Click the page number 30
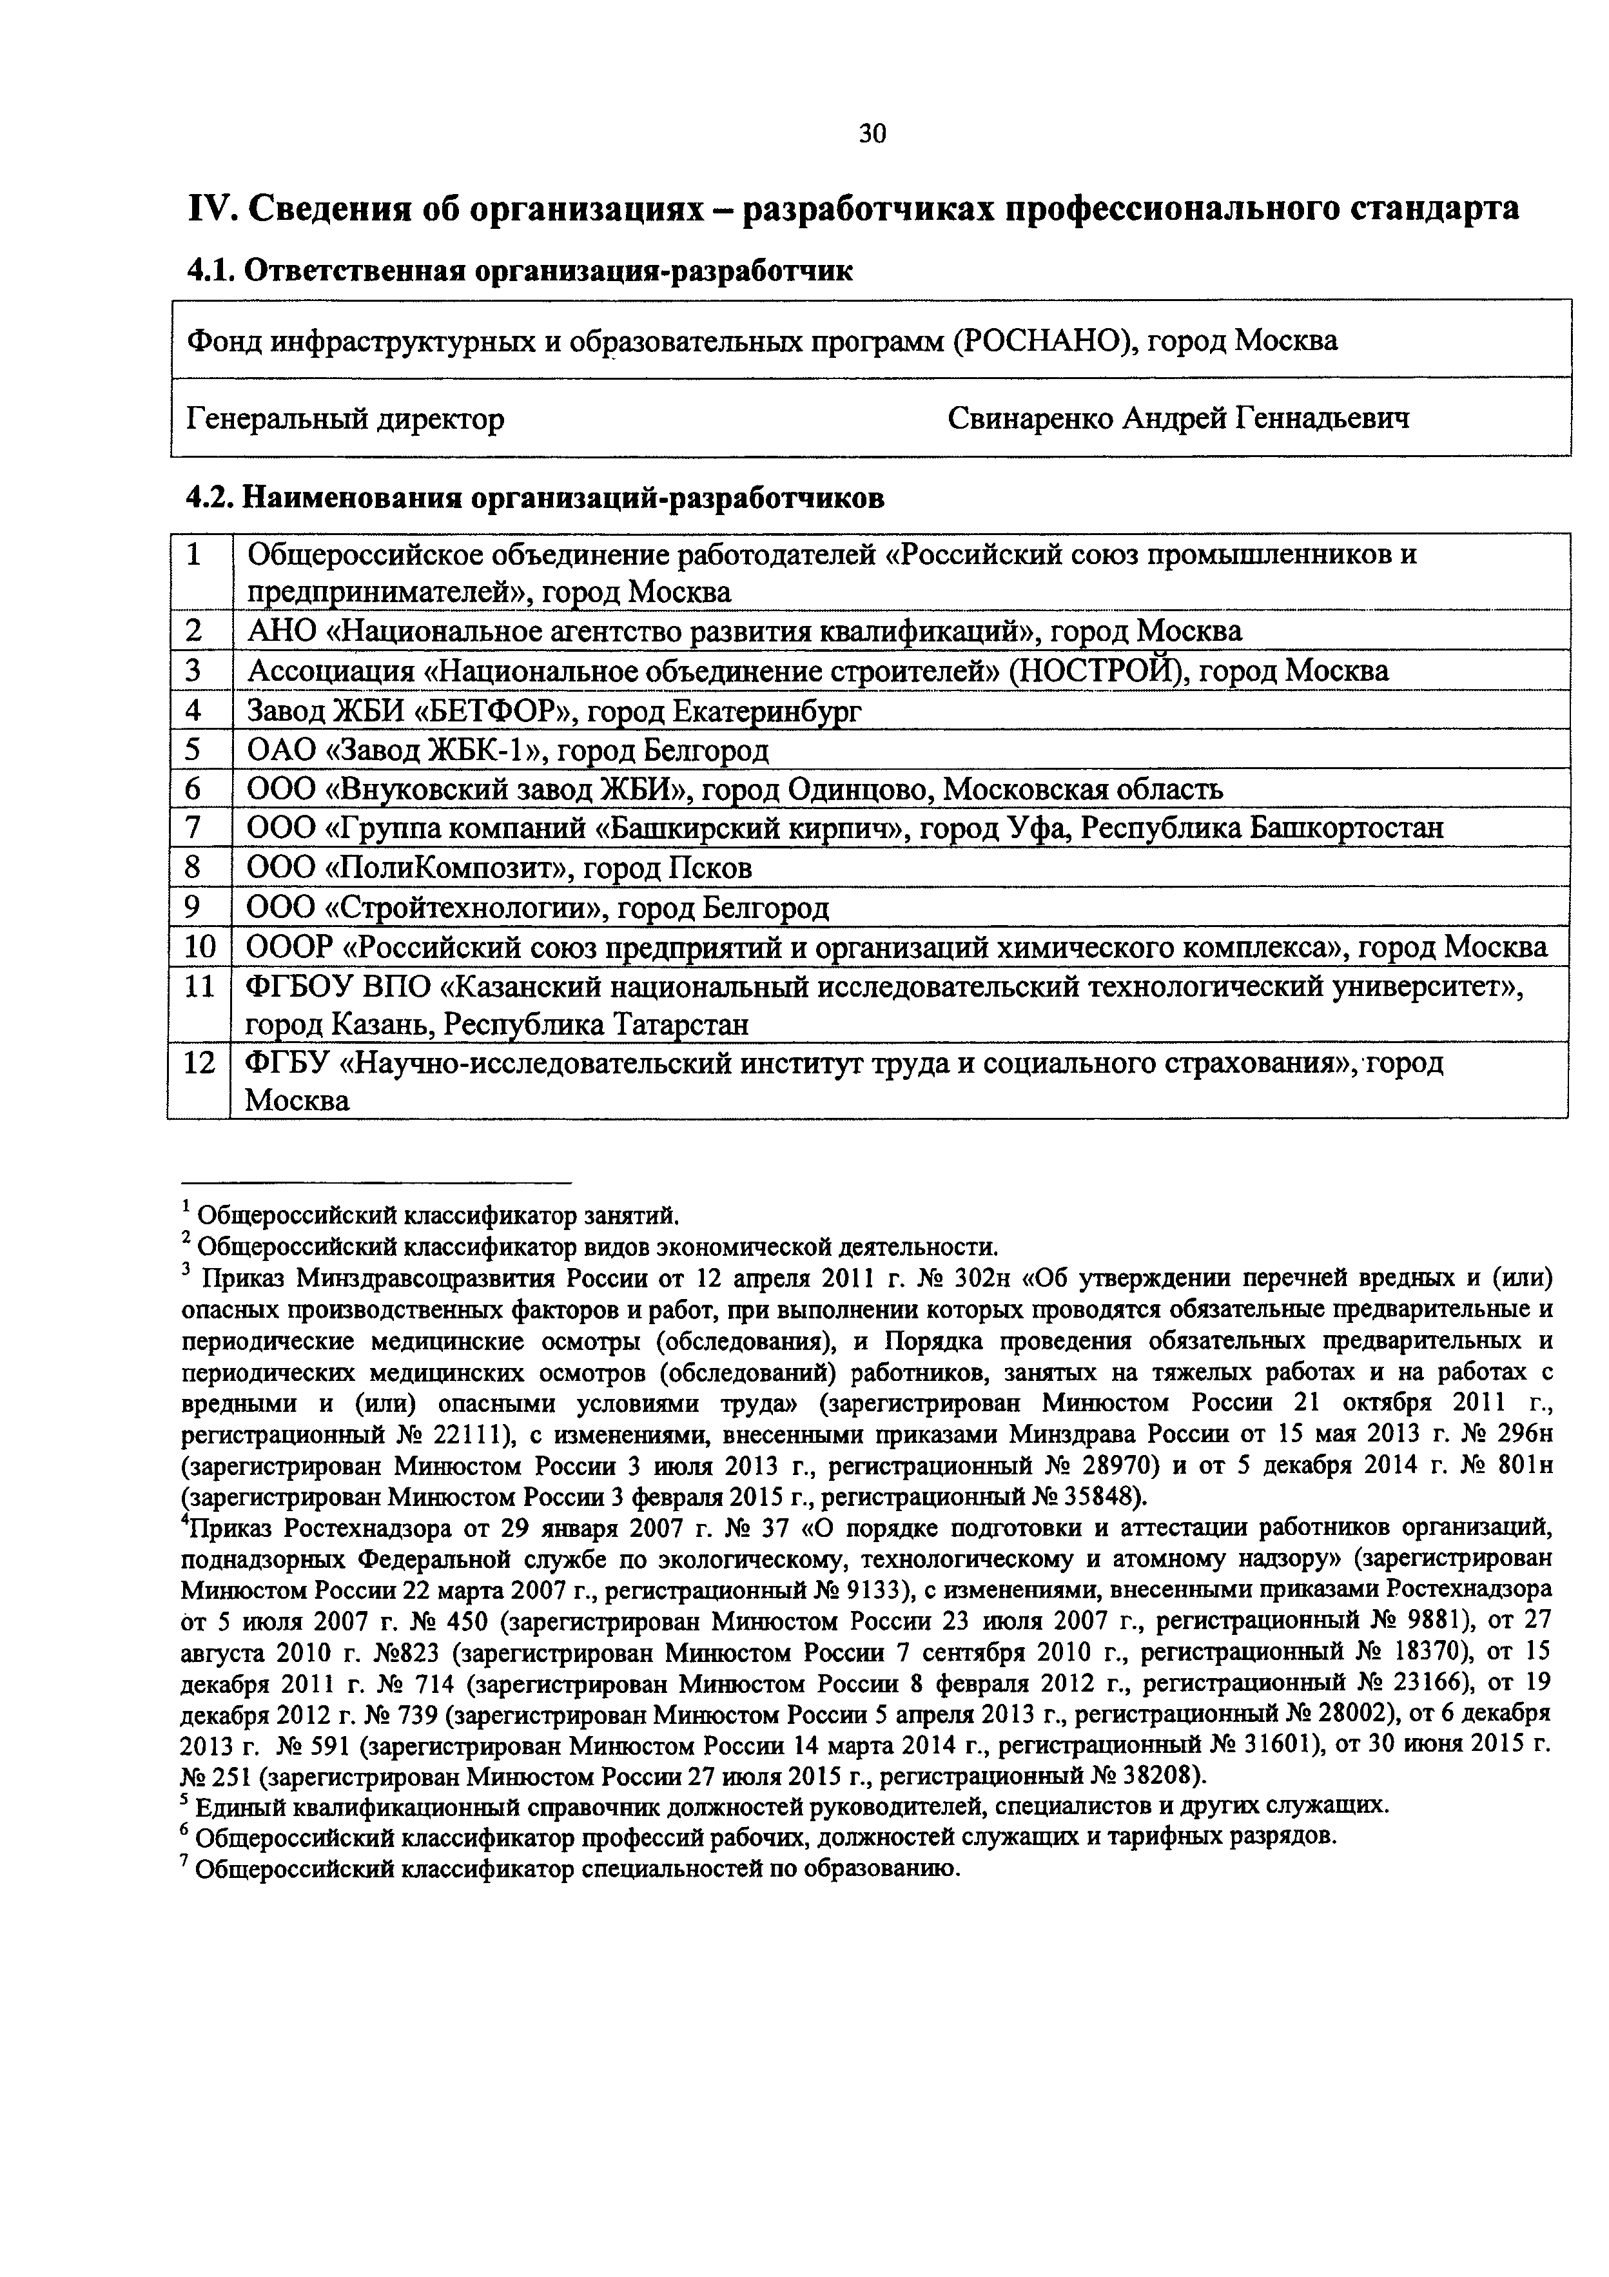(x=872, y=133)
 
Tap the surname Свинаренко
(x=1030, y=418)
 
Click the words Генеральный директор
(x=345, y=418)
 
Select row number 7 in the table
(x=193, y=827)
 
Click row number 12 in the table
(x=199, y=1063)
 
